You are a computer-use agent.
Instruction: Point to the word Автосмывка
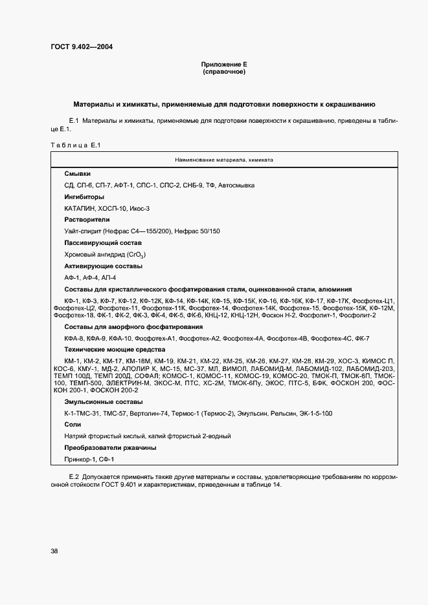click(x=237, y=186)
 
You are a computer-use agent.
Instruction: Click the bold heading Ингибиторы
click(x=84, y=196)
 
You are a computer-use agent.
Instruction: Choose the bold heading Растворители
click(x=87, y=220)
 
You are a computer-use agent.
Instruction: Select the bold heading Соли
click(x=73, y=425)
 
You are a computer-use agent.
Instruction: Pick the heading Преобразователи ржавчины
click(x=110, y=447)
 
